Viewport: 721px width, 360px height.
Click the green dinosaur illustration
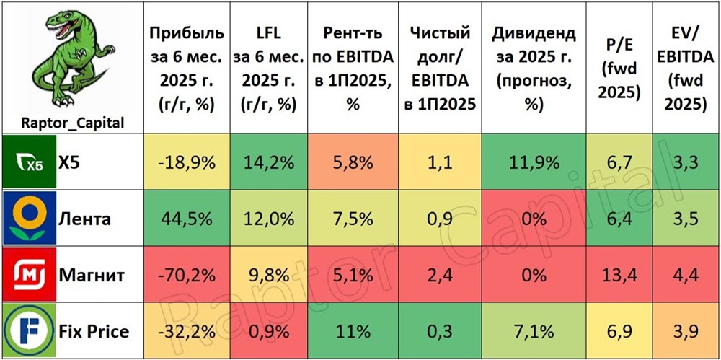[x=69, y=61]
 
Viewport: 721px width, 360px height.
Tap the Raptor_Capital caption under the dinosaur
[x=69, y=123]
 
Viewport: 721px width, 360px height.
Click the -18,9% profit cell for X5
[x=186, y=163]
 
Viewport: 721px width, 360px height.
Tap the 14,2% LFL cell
[x=266, y=163]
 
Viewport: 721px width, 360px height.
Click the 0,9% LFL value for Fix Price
[x=266, y=332]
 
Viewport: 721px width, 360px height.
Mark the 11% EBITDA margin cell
[x=353, y=332]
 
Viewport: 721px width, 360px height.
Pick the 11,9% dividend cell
[x=534, y=163]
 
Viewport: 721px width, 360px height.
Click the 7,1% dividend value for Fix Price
[x=534, y=332]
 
